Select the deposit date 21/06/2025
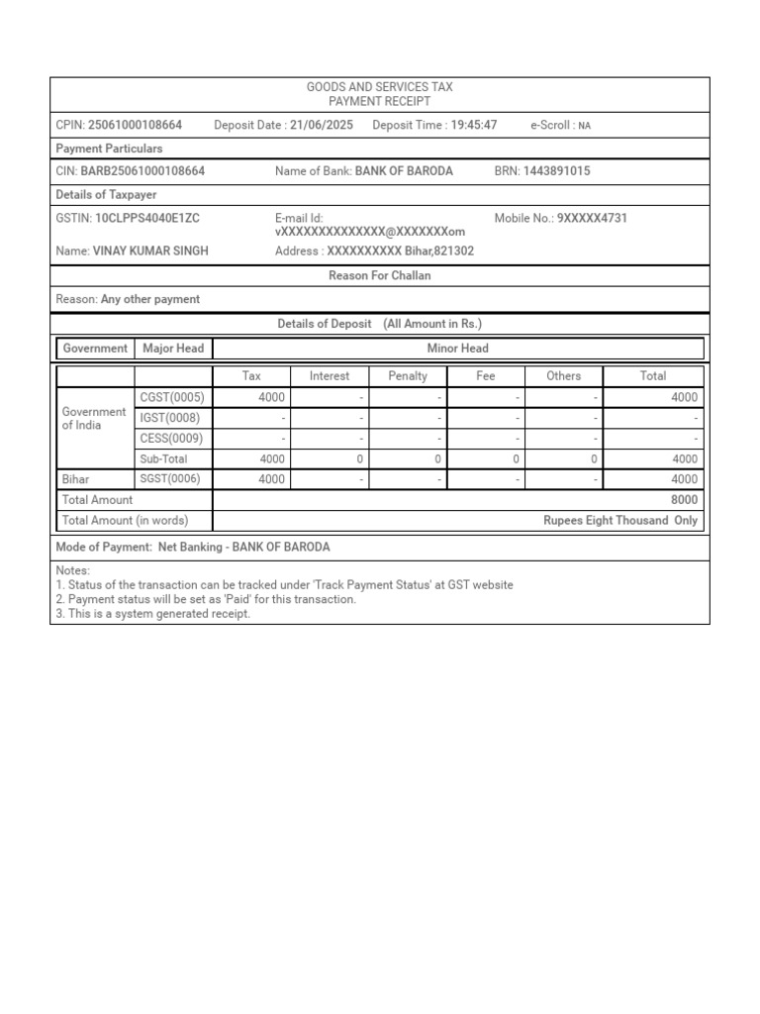click(322, 126)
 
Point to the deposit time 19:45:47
click(474, 126)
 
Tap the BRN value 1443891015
click(556, 171)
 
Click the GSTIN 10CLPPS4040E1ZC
click(146, 218)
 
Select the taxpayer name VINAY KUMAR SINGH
click(150, 252)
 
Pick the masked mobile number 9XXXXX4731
click(592, 218)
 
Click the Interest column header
click(330, 376)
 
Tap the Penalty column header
click(408, 376)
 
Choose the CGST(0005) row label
click(172, 397)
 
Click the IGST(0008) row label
click(170, 418)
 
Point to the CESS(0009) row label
click(171, 438)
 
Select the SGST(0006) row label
click(171, 479)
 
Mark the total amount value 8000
click(684, 500)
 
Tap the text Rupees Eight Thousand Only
click(620, 521)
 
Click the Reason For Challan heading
click(380, 276)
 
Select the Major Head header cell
click(173, 349)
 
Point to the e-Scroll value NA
click(584, 127)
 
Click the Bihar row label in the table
click(76, 479)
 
